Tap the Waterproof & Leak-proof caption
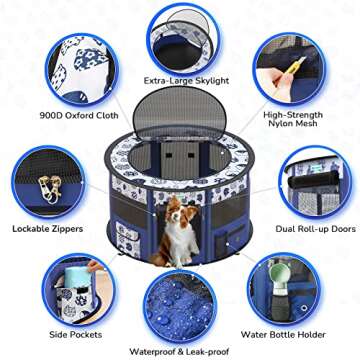[x=179, y=351]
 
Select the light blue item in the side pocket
[x=73, y=286]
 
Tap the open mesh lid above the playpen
[x=180, y=114]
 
